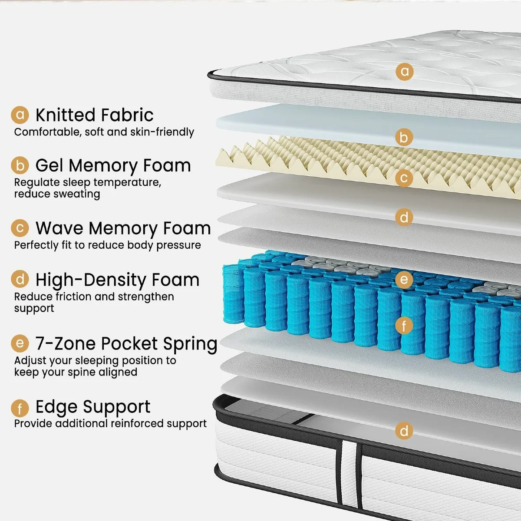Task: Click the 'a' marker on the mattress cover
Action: [x=405, y=71]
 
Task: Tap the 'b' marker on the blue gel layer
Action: [x=404, y=138]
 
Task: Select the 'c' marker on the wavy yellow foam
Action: [x=404, y=178]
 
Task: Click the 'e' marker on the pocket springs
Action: [x=404, y=280]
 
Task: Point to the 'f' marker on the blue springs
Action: [x=404, y=325]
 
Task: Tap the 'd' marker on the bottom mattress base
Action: [x=404, y=431]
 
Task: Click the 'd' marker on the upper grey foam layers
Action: [x=404, y=217]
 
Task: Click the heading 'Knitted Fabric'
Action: [x=94, y=115]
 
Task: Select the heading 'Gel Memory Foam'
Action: [x=113, y=165]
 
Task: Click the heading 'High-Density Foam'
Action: [x=117, y=280]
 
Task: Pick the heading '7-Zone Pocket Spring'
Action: [x=126, y=343]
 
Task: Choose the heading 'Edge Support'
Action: [x=92, y=407]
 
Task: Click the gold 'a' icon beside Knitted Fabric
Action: [x=20, y=115]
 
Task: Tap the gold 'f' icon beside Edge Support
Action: [x=20, y=409]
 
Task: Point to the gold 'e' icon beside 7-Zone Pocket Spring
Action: [x=20, y=344]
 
